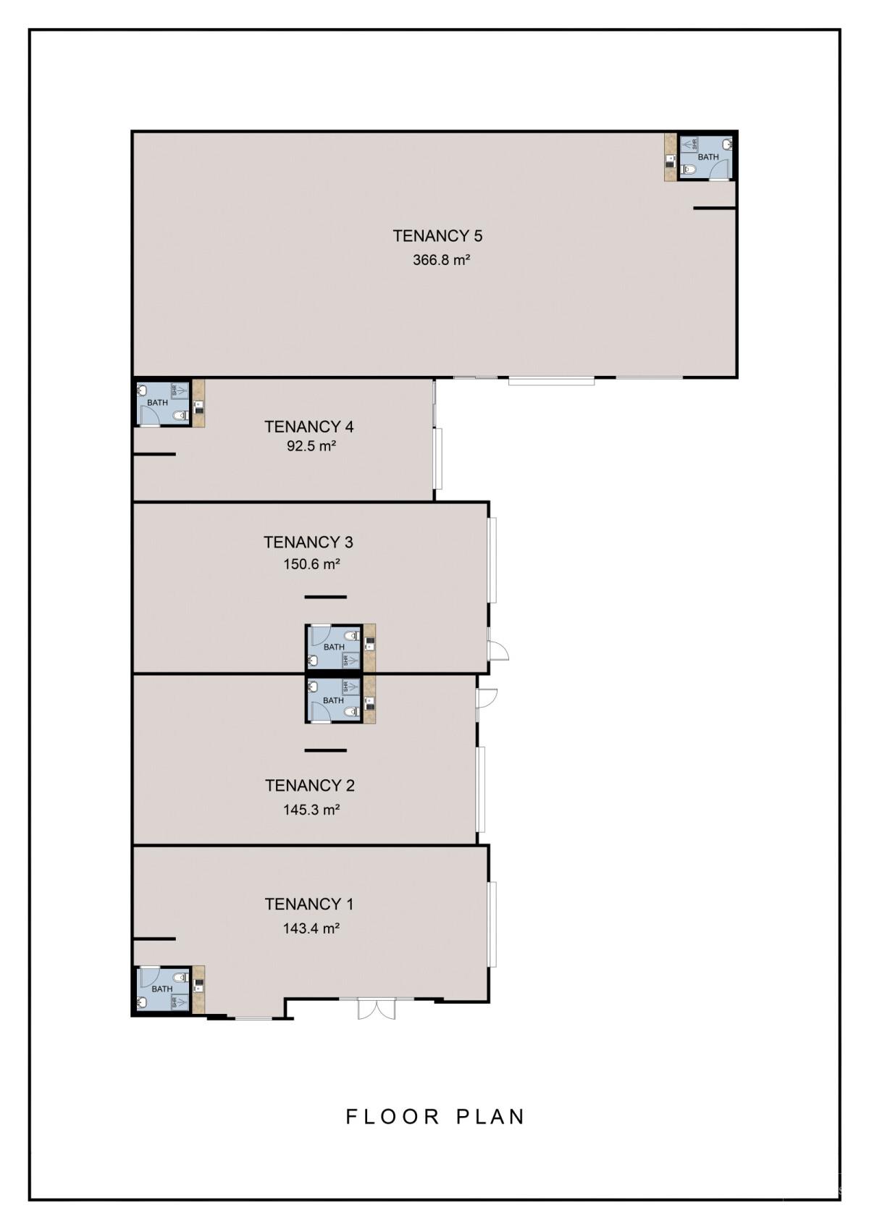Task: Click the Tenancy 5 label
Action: pos(437,235)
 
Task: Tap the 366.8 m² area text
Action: pos(441,260)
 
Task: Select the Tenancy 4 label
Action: pos(309,427)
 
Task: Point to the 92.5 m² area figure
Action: pos(311,446)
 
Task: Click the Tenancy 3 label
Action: pos(308,542)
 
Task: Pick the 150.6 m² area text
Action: pos(311,564)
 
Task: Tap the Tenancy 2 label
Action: pos(309,785)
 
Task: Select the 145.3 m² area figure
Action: pos(311,810)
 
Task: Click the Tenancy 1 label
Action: pos(309,904)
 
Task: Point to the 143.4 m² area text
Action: pos(311,928)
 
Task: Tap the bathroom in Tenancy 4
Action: pos(164,403)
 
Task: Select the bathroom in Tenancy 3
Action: pos(334,647)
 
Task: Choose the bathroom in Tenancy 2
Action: pos(333,700)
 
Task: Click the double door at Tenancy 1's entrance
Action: pos(377,1009)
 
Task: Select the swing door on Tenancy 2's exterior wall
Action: pos(487,697)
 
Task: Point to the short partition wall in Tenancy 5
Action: pos(714,209)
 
